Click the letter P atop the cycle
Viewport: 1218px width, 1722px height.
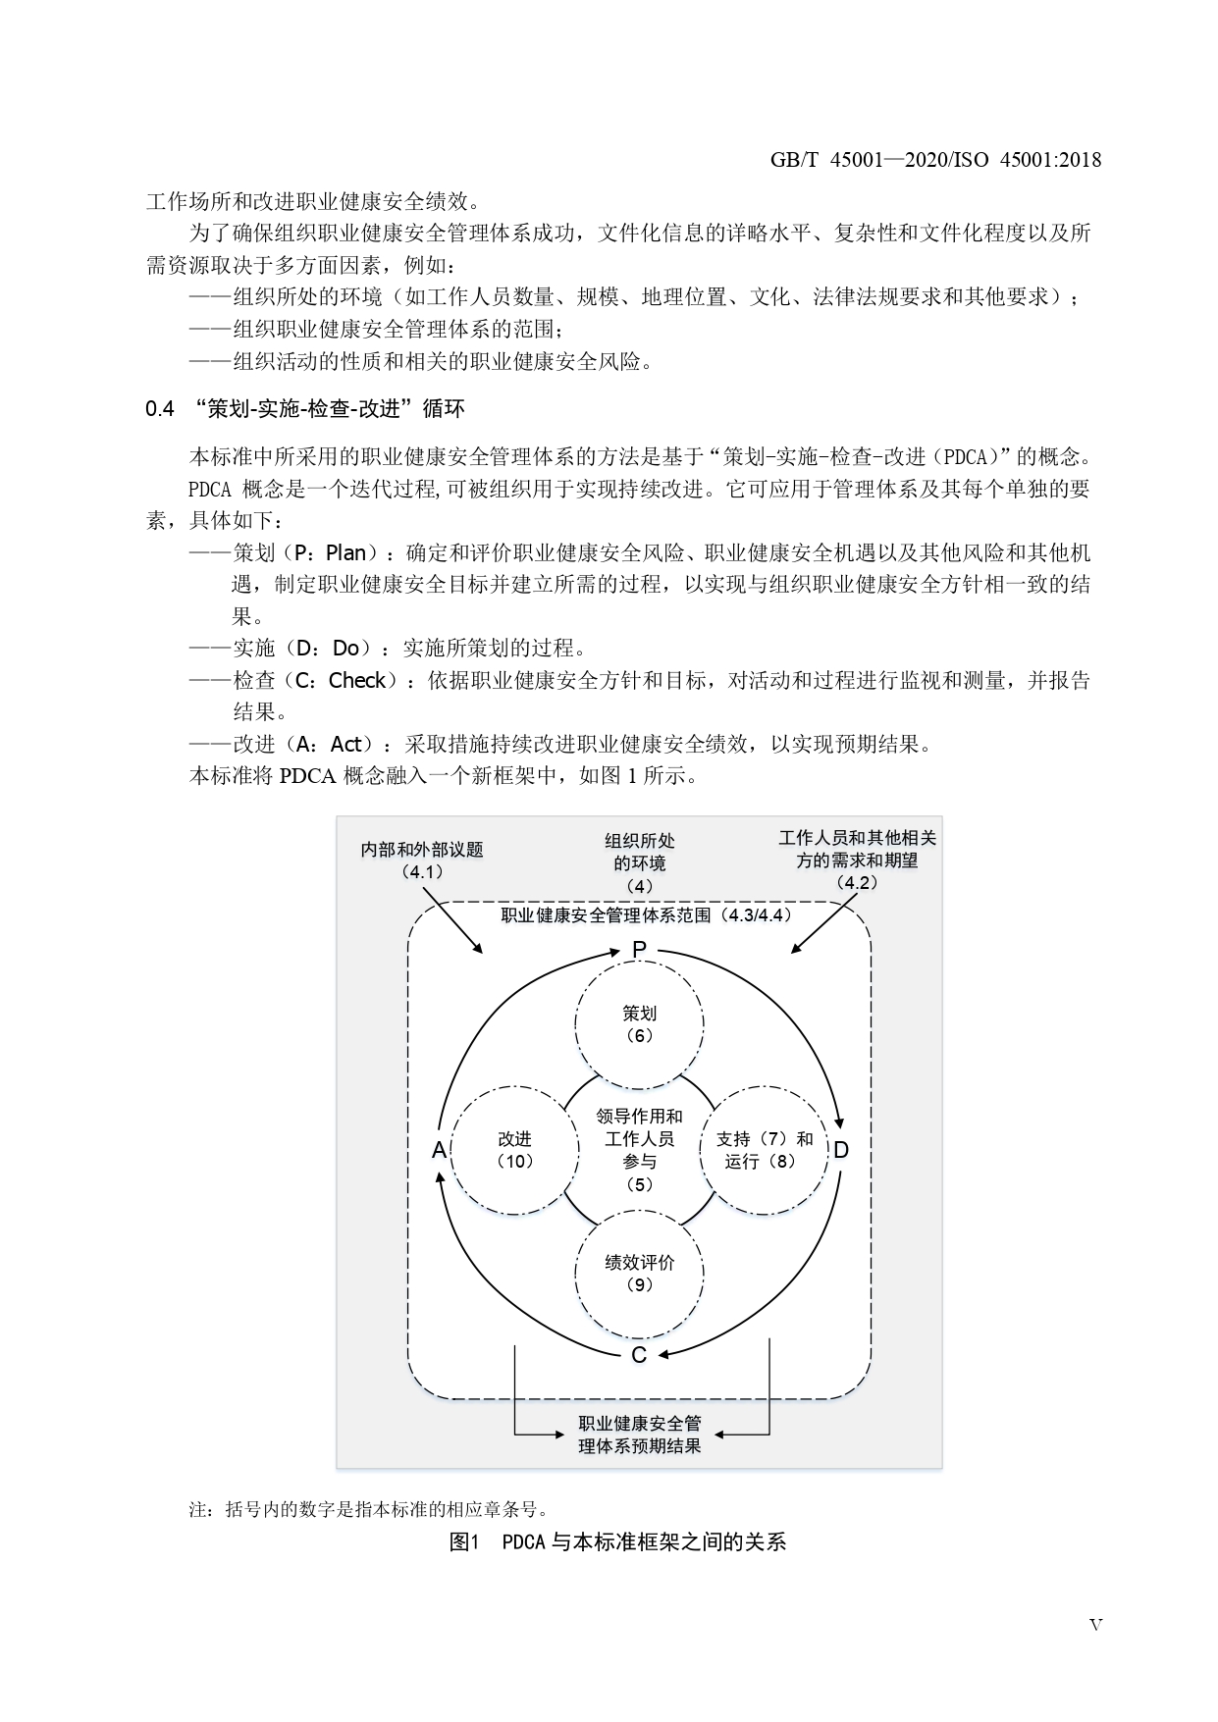pos(639,949)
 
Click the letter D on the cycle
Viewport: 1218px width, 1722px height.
pos(841,1149)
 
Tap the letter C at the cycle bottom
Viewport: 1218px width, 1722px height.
pos(639,1355)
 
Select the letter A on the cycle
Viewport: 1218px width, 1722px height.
pos(439,1150)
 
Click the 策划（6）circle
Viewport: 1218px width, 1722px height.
pos(639,1024)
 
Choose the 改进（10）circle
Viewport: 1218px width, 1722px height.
pos(514,1150)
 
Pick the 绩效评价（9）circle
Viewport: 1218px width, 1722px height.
pos(639,1273)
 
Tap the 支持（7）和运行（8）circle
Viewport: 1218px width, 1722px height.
pos(764,1150)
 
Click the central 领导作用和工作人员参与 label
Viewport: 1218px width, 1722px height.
pos(639,1150)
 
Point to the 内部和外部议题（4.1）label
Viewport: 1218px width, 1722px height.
pos(422,861)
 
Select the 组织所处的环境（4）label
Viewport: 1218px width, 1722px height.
pos(639,862)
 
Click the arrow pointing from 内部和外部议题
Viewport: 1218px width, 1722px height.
pos(452,919)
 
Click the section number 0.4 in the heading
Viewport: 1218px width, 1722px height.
pos(160,409)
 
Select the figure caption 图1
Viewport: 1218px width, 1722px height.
pos(462,1541)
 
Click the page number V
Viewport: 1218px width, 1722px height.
pos(1095,1625)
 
